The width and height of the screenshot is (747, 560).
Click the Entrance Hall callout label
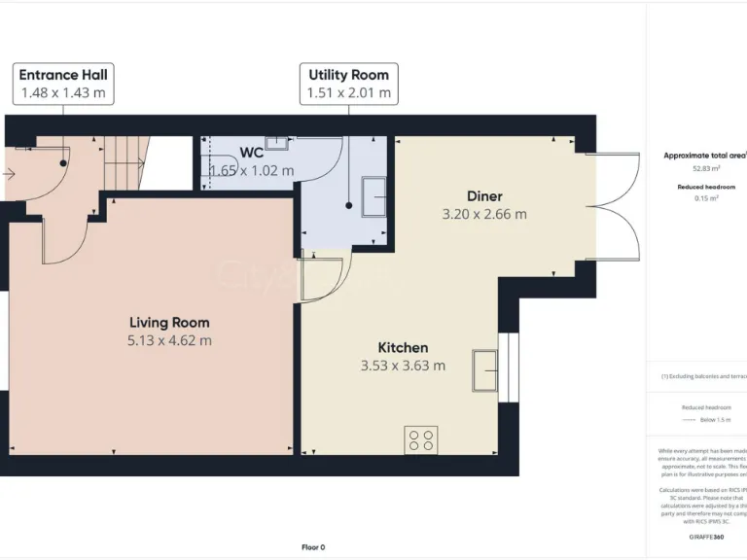(x=63, y=75)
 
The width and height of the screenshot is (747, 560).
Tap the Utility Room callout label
(x=348, y=75)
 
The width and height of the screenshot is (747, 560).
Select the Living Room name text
(x=169, y=323)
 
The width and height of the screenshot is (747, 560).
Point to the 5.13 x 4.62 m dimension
(x=169, y=340)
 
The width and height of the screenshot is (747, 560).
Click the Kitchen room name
(x=403, y=348)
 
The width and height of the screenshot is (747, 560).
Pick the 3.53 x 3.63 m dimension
(x=403, y=366)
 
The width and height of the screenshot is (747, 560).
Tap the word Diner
(x=483, y=196)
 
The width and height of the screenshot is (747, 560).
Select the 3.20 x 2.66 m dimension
(x=483, y=214)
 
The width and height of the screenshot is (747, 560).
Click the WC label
(x=251, y=153)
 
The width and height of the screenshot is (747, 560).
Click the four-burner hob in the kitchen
(x=421, y=439)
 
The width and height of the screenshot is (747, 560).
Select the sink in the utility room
(x=374, y=196)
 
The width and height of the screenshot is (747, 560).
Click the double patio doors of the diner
(x=614, y=206)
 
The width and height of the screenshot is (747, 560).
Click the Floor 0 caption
(x=312, y=547)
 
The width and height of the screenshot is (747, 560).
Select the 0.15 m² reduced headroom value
(x=706, y=198)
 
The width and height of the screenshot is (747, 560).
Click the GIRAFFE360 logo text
(x=705, y=537)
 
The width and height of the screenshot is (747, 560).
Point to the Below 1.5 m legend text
(x=714, y=420)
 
